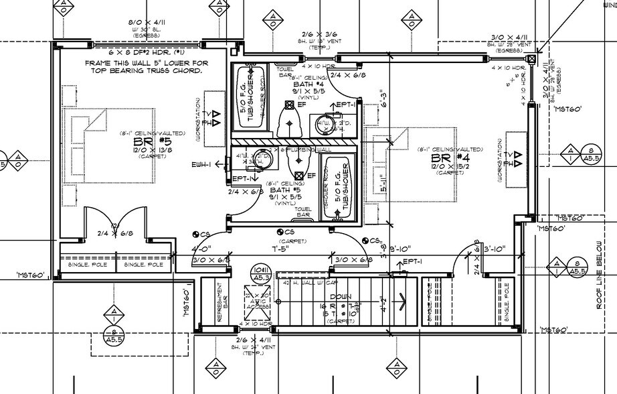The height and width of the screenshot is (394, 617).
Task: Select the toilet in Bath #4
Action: pos(287,119)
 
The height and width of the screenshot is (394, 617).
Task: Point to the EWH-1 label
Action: pos(201,165)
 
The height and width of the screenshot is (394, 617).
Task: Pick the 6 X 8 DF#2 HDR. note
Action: pos(147,52)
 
